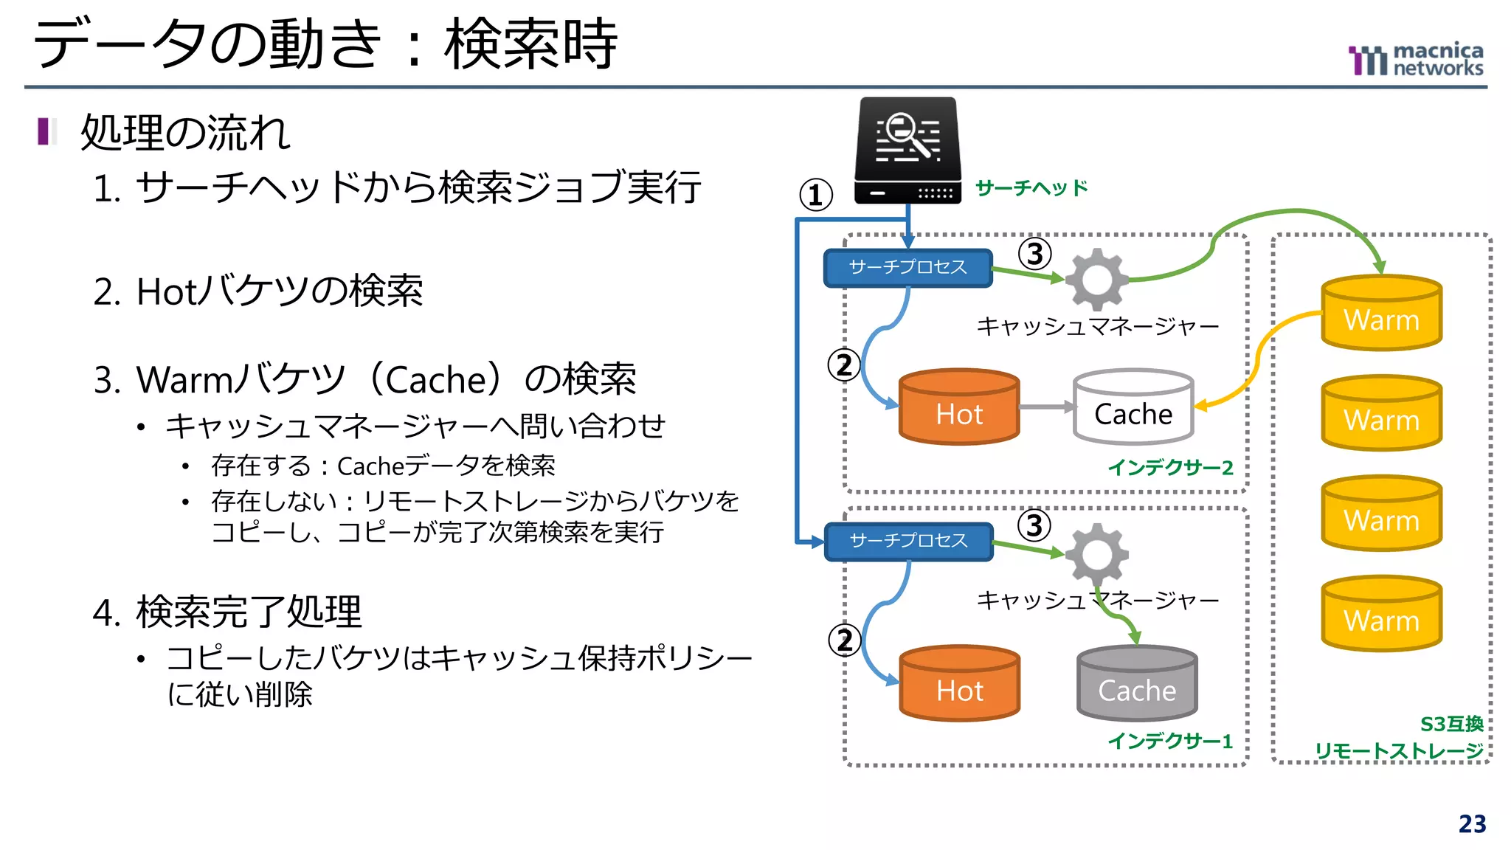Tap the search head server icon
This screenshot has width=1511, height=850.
[x=907, y=151]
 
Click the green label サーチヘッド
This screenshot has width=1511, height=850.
[x=1031, y=188]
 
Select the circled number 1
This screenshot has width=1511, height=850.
[x=816, y=196]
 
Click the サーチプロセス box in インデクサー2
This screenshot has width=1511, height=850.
[x=907, y=268]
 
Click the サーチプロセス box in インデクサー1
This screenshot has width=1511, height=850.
[x=907, y=542]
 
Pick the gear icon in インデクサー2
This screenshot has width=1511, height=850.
[x=1097, y=280]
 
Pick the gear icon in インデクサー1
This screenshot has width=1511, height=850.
[x=1097, y=553]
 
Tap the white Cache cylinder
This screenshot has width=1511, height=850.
[x=1133, y=407]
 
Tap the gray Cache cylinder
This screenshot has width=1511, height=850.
[x=1137, y=684]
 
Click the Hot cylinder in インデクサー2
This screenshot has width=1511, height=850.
[x=959, y=407]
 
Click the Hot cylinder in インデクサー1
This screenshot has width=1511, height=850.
[x=959, y=684]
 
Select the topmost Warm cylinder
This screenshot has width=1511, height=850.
[x=1381, y=313]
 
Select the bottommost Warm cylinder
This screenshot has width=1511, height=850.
[x=1381, y=614]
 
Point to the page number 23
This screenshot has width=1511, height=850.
[x=1472, y=824]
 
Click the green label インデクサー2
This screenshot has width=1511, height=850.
[x=1170, y=468]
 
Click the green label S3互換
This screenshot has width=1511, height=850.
[x=1451, y=724]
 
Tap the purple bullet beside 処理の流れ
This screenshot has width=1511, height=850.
[x=44, y=131]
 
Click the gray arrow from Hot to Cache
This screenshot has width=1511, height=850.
[x=1046, y=407]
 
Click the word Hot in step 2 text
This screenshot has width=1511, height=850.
[x=165, y=292]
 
